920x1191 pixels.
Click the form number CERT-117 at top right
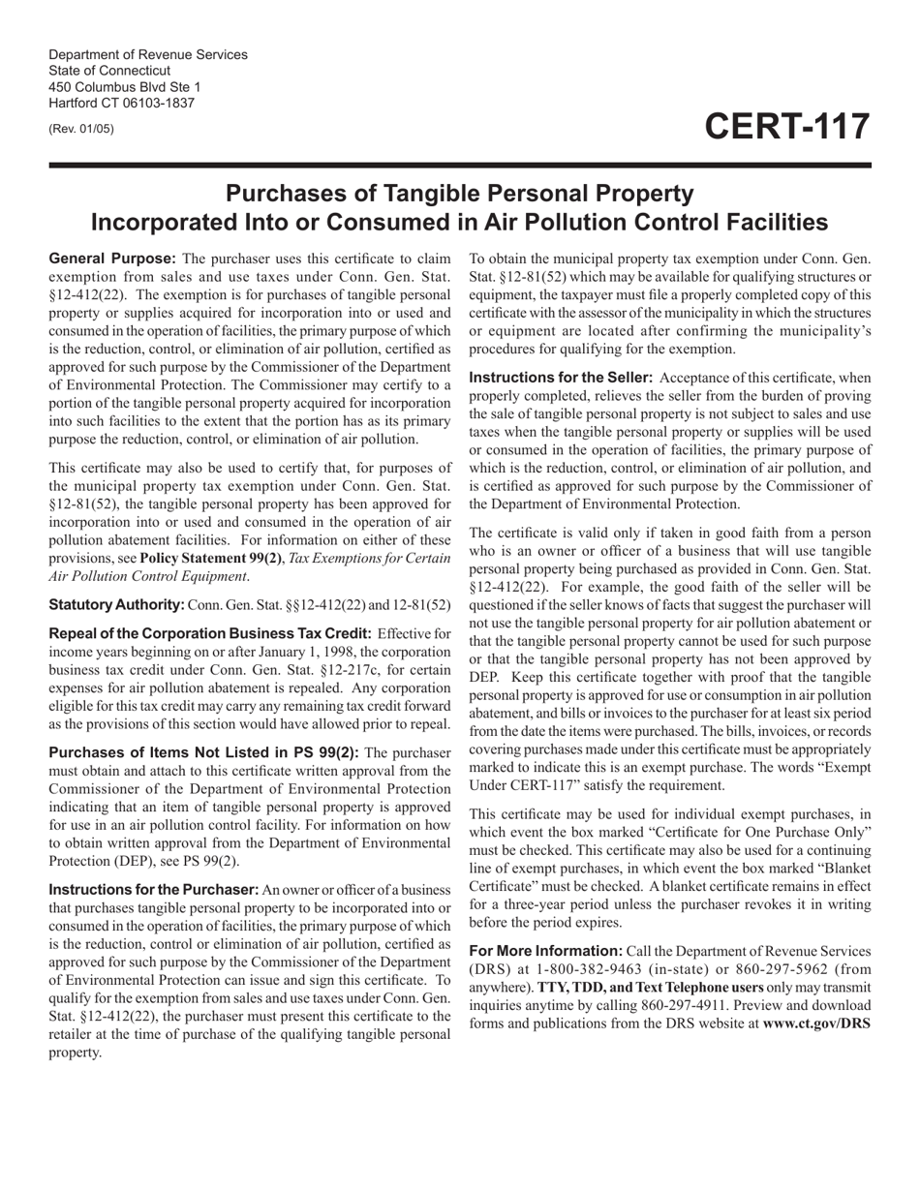coord(786,128)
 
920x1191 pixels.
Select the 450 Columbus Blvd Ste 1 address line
coord(125,86)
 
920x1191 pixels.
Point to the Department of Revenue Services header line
coord(147,54)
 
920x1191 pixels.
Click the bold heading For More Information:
coord(545,951)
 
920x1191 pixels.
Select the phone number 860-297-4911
coord(719,1005)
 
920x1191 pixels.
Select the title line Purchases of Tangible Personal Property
coord(459,194)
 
